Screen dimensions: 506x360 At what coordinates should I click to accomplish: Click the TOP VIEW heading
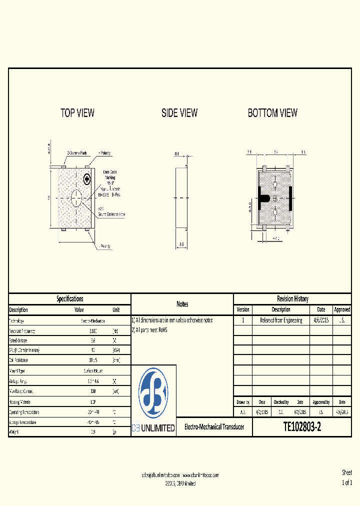(x=77, y=113)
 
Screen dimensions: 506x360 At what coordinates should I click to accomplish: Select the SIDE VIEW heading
(x=179, y=113)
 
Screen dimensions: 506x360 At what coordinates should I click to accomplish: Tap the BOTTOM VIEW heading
(x=272, y=113)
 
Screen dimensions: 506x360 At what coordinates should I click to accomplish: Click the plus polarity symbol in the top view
(x=87, y=179)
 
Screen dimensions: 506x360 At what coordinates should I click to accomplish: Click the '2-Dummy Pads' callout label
(x=77, y=153)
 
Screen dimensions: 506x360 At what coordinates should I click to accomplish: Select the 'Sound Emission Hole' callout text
(x=111, y=214)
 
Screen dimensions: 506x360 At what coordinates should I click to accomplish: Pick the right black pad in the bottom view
(x=290, y=197)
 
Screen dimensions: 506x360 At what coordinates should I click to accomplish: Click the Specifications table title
(x=69, y=299)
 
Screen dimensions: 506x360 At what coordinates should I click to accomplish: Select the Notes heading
(x=182, y=304)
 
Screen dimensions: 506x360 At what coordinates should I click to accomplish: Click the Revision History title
(x=292, y=299)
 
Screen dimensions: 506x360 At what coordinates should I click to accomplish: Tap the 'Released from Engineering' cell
(x=281, y=320)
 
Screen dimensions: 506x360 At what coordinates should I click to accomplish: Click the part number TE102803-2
(x=302, y=427)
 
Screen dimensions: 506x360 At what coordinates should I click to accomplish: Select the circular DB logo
(x=153, y=393)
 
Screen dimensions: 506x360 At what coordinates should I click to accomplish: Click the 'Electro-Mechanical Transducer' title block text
(x=214, y=427)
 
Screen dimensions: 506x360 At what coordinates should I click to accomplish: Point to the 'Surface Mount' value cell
(x=93, y=371)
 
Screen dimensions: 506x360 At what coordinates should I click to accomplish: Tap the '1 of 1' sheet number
(x=347, y=483)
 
